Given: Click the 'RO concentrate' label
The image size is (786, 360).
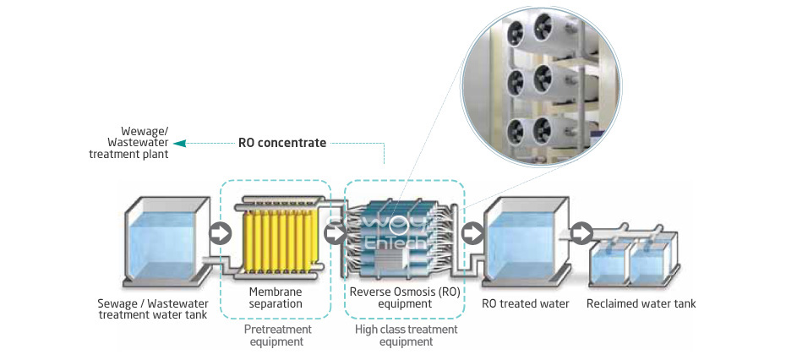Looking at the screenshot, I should [282, 143].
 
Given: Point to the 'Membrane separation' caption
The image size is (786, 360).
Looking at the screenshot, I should [275, 297].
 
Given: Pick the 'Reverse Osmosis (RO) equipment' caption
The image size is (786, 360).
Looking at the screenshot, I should [405, 297].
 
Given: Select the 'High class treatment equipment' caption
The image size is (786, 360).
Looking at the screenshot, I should [406, 335].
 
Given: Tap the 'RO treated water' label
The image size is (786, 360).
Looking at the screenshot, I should [526, 303].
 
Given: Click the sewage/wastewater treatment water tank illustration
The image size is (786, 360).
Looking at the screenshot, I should [166, 240].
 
